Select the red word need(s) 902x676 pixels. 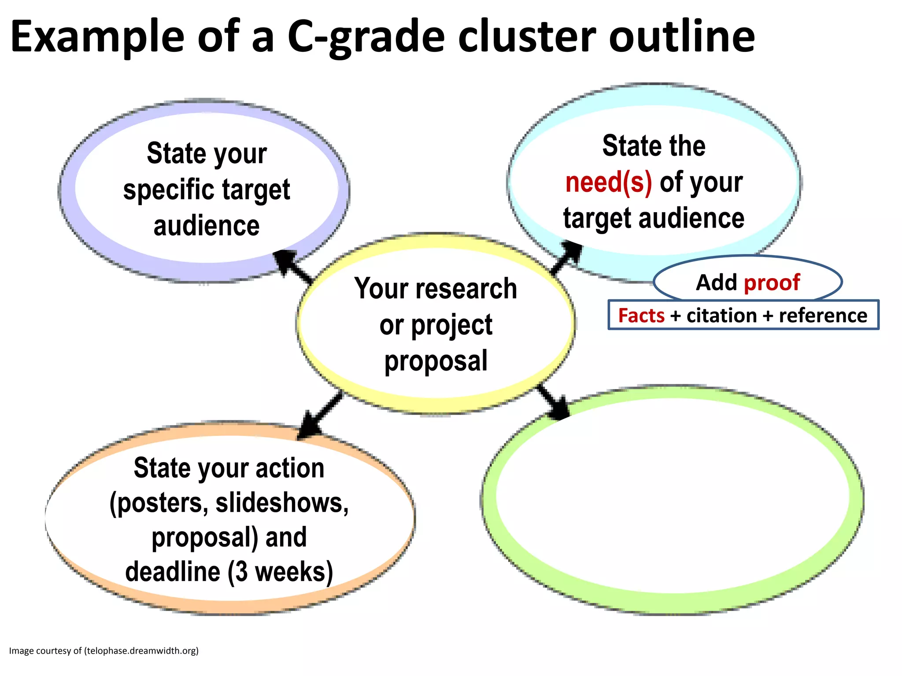[608, 182]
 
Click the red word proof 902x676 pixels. [772, 283]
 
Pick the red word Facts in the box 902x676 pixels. [641, 316]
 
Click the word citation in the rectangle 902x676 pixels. [721, 316]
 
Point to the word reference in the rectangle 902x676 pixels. [823, 316]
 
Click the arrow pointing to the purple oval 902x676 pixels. [292, 266]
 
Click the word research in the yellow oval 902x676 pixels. [467, 289]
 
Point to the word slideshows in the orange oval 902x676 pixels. [282, 503]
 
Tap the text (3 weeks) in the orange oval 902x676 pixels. [280, 572]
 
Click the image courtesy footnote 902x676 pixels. [104, 650]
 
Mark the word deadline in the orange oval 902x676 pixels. [173, 572]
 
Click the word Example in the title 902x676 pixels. [97, 37]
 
